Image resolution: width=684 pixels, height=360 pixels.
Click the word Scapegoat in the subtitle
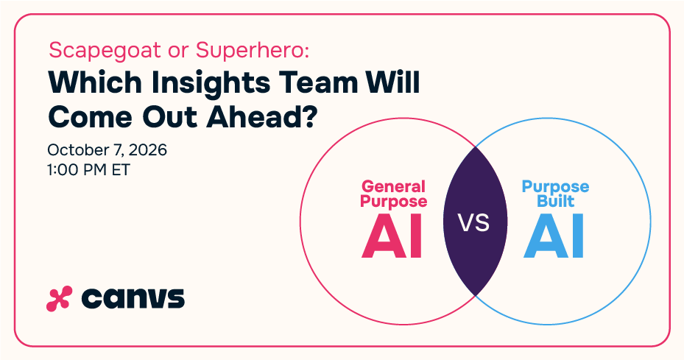(x=105, y=51)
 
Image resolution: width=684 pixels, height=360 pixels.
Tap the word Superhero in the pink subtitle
(x=252, y=50)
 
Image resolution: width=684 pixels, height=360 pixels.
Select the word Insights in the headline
(x=211, y=84)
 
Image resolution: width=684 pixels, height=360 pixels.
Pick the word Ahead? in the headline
(x=261, y=116)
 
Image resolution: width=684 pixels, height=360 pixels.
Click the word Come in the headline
(x=91, y=117)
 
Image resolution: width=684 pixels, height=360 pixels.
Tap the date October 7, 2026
(x=107, y=149)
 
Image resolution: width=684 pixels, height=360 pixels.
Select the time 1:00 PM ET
(x=88, y=170)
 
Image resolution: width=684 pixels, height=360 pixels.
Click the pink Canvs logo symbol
(x=59, y=299)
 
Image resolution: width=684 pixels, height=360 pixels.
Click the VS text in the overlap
(x=473, y=222)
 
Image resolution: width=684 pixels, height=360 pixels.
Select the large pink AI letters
(x=392, y=236)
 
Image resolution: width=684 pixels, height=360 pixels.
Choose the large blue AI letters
(x=554, y=236)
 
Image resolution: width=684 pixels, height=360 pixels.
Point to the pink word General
(x=393, y=186)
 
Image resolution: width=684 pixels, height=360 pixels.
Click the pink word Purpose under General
(x=393, y=202)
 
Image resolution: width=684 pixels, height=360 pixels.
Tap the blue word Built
(x=555, y=201)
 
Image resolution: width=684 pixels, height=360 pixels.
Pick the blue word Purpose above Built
(x=555, y=187)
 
